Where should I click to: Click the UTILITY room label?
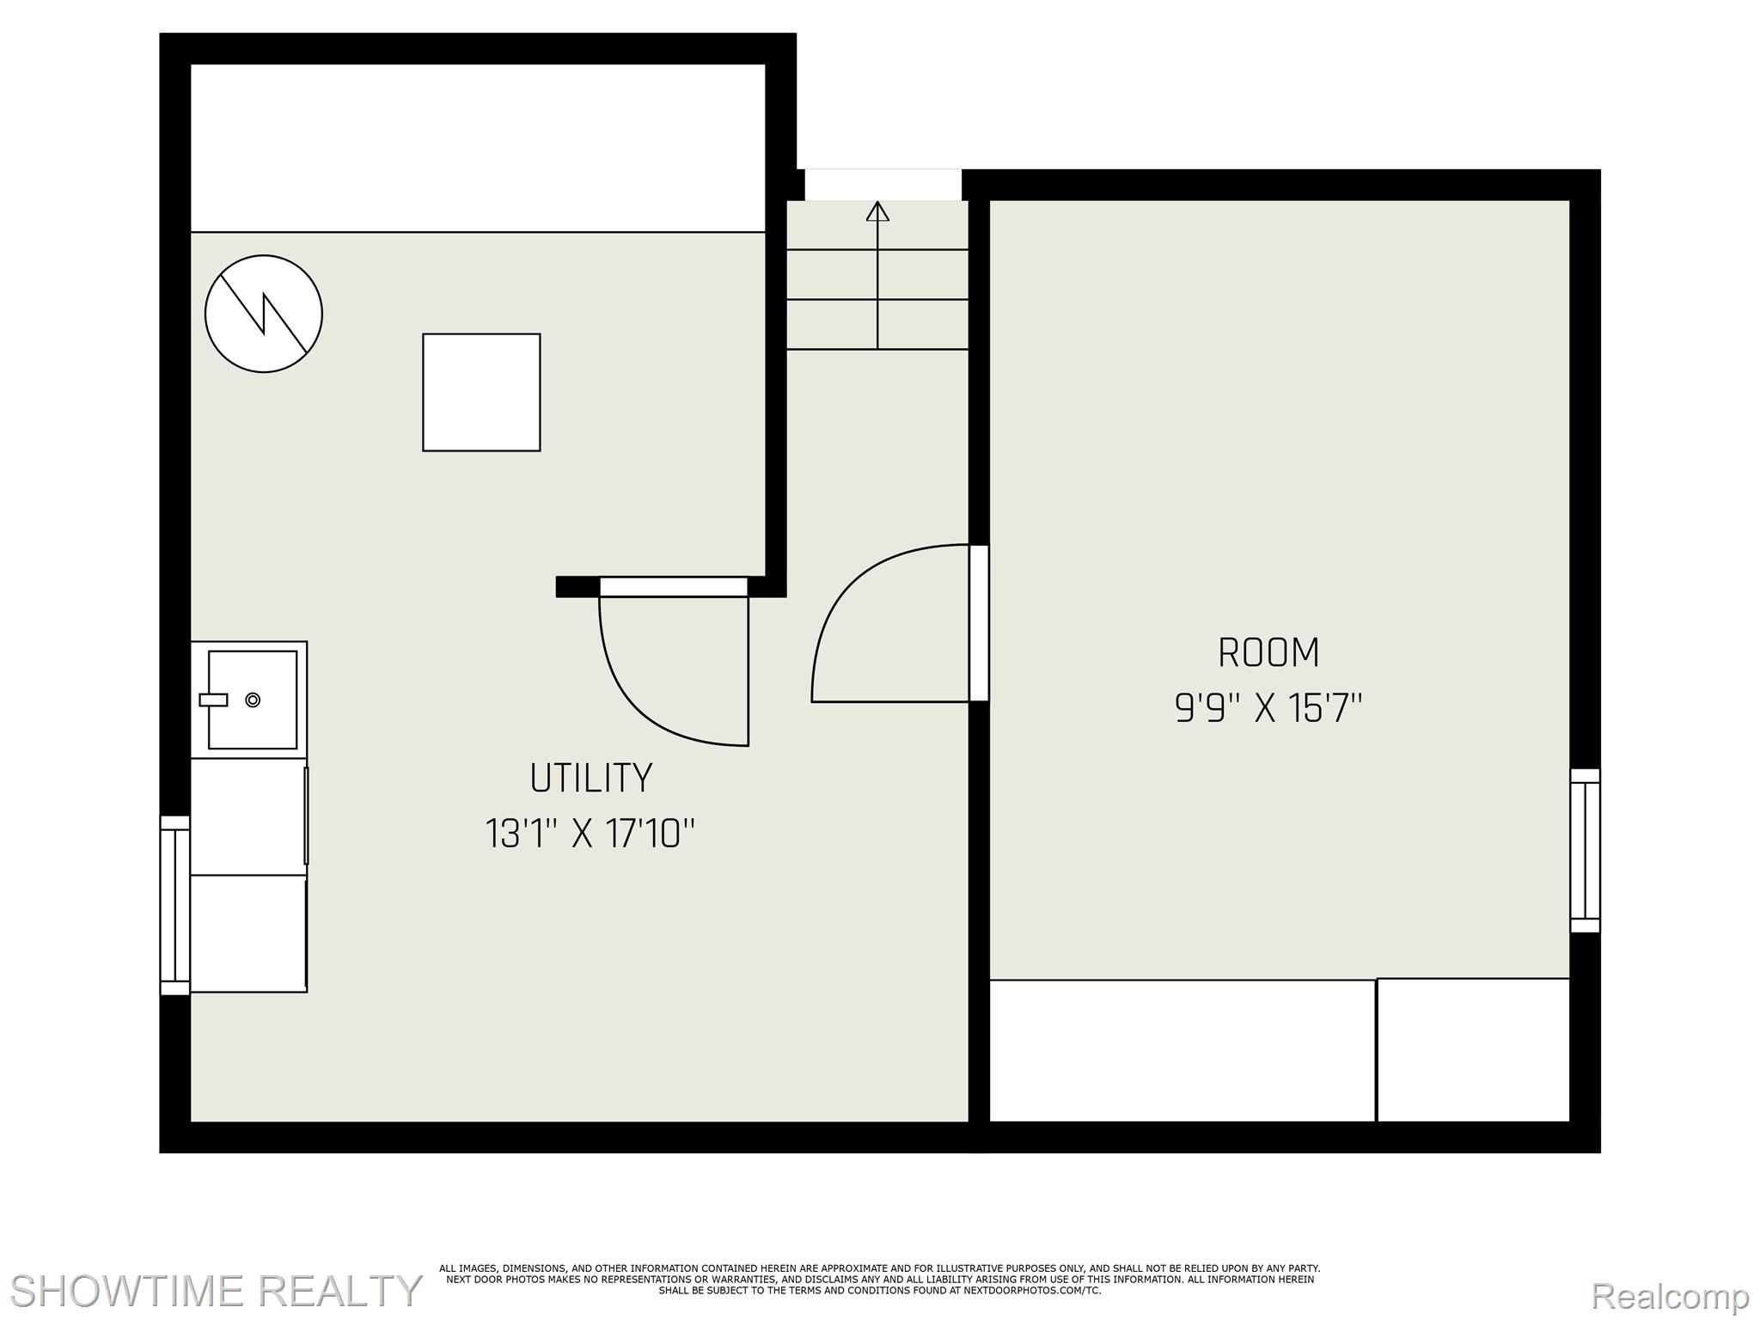coord(591,778)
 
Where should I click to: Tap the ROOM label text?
coord(1268,653)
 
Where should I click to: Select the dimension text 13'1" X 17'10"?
coord(590,834)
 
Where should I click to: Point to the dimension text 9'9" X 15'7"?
coord(1268,709)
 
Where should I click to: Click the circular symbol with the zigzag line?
coord(264,314)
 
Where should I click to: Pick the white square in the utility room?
coord(481,392)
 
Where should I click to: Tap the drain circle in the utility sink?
coord(253,700)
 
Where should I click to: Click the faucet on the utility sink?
coord(213,700)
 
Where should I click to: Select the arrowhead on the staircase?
coord(877,211)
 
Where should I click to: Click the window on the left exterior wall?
coord(175,906)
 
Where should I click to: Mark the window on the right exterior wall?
coord(1586,851)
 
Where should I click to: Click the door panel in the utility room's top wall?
coord(674,587)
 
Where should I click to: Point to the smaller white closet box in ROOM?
coord(1473,1049)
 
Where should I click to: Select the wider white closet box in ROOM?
coord(1182,1050)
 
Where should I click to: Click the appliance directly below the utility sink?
coord(248,816)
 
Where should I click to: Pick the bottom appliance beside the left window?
coord(248,934)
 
